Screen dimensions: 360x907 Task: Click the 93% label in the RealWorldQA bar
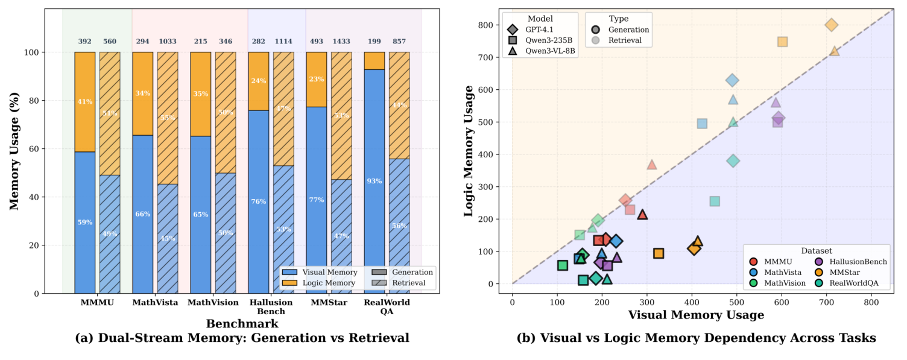pos(374,181)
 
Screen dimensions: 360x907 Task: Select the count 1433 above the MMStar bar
pos(341,41)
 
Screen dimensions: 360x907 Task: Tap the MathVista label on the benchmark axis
pos(155,302)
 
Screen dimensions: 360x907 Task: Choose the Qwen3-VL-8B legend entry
pos(540,51)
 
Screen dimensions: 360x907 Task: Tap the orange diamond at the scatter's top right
pos(831,25)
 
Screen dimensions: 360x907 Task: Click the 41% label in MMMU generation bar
pos(85,101)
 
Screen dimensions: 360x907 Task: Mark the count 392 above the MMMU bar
pos(85,41)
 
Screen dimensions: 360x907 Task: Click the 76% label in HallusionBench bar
pos(258,201)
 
